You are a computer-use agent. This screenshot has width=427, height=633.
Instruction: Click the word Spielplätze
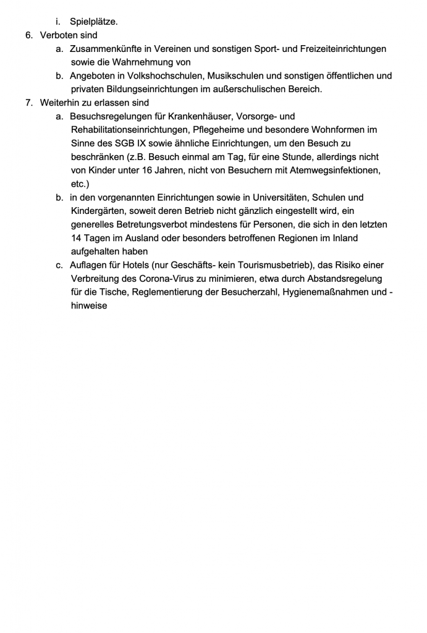point(93,22)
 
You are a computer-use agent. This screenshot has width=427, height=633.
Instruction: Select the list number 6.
point(28,35)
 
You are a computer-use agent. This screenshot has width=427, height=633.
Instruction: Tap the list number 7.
point(28,103)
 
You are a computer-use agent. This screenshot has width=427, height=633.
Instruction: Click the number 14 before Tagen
point(77,238)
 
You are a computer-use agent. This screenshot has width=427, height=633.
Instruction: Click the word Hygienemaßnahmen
point(326,292)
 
